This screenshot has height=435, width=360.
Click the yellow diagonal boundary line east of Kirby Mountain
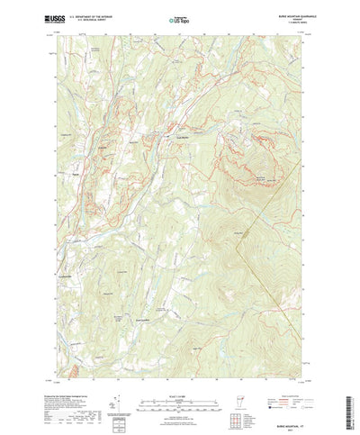[x=279, y=270]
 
